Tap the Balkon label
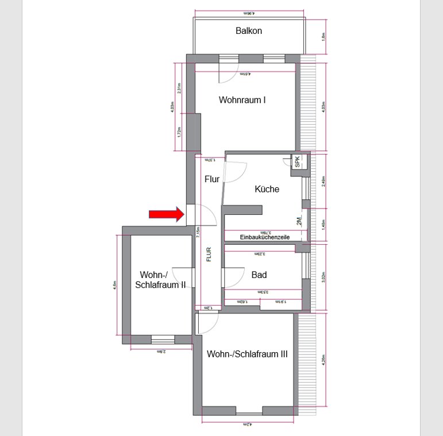[x=248, y=31]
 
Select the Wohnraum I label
[x=242, y=100]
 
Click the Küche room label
[x=267, y=189]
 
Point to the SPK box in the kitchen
[x=297, y=161]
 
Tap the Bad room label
[x=259, y=275]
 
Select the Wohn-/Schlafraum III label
[x=247, y=354]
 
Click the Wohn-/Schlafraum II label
[x=160, y=280]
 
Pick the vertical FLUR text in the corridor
[x=209, y=254]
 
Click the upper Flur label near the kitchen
[x=212, y=179]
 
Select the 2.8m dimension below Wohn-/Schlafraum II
[x=162, y=351]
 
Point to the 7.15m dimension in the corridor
[x=198, y=233]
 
